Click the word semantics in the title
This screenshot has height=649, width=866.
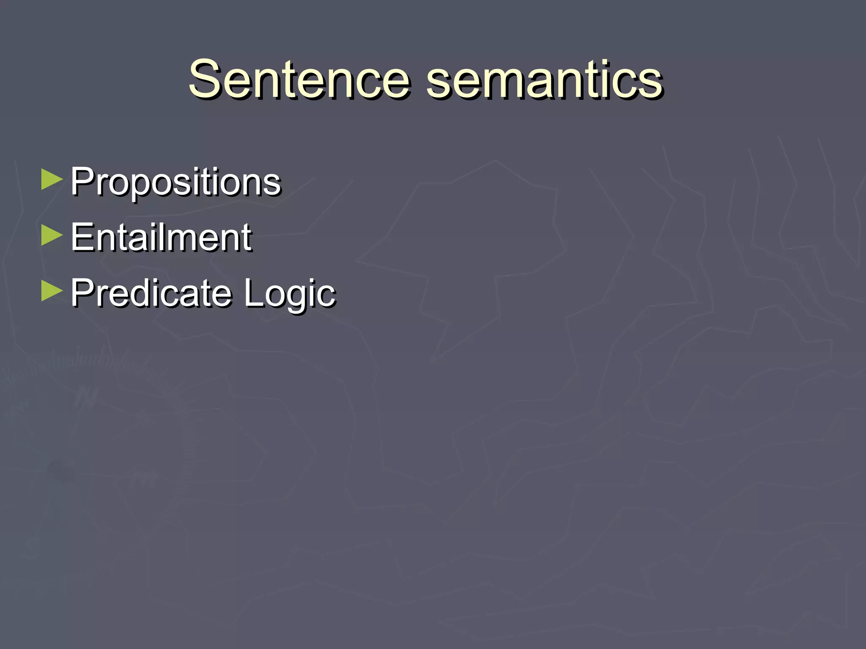(x=544, y=79)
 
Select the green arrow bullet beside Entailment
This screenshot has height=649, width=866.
(x=52, y=236)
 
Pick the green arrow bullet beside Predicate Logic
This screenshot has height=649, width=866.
(x=52, y=292)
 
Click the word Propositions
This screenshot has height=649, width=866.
(x=175, y=183)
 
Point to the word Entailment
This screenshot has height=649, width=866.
(x=161, y=237)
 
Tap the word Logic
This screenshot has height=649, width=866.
(x=290, y=293)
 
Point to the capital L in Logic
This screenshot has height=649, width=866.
(x=253, y=292)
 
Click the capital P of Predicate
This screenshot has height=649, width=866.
(x=82, y=292)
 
